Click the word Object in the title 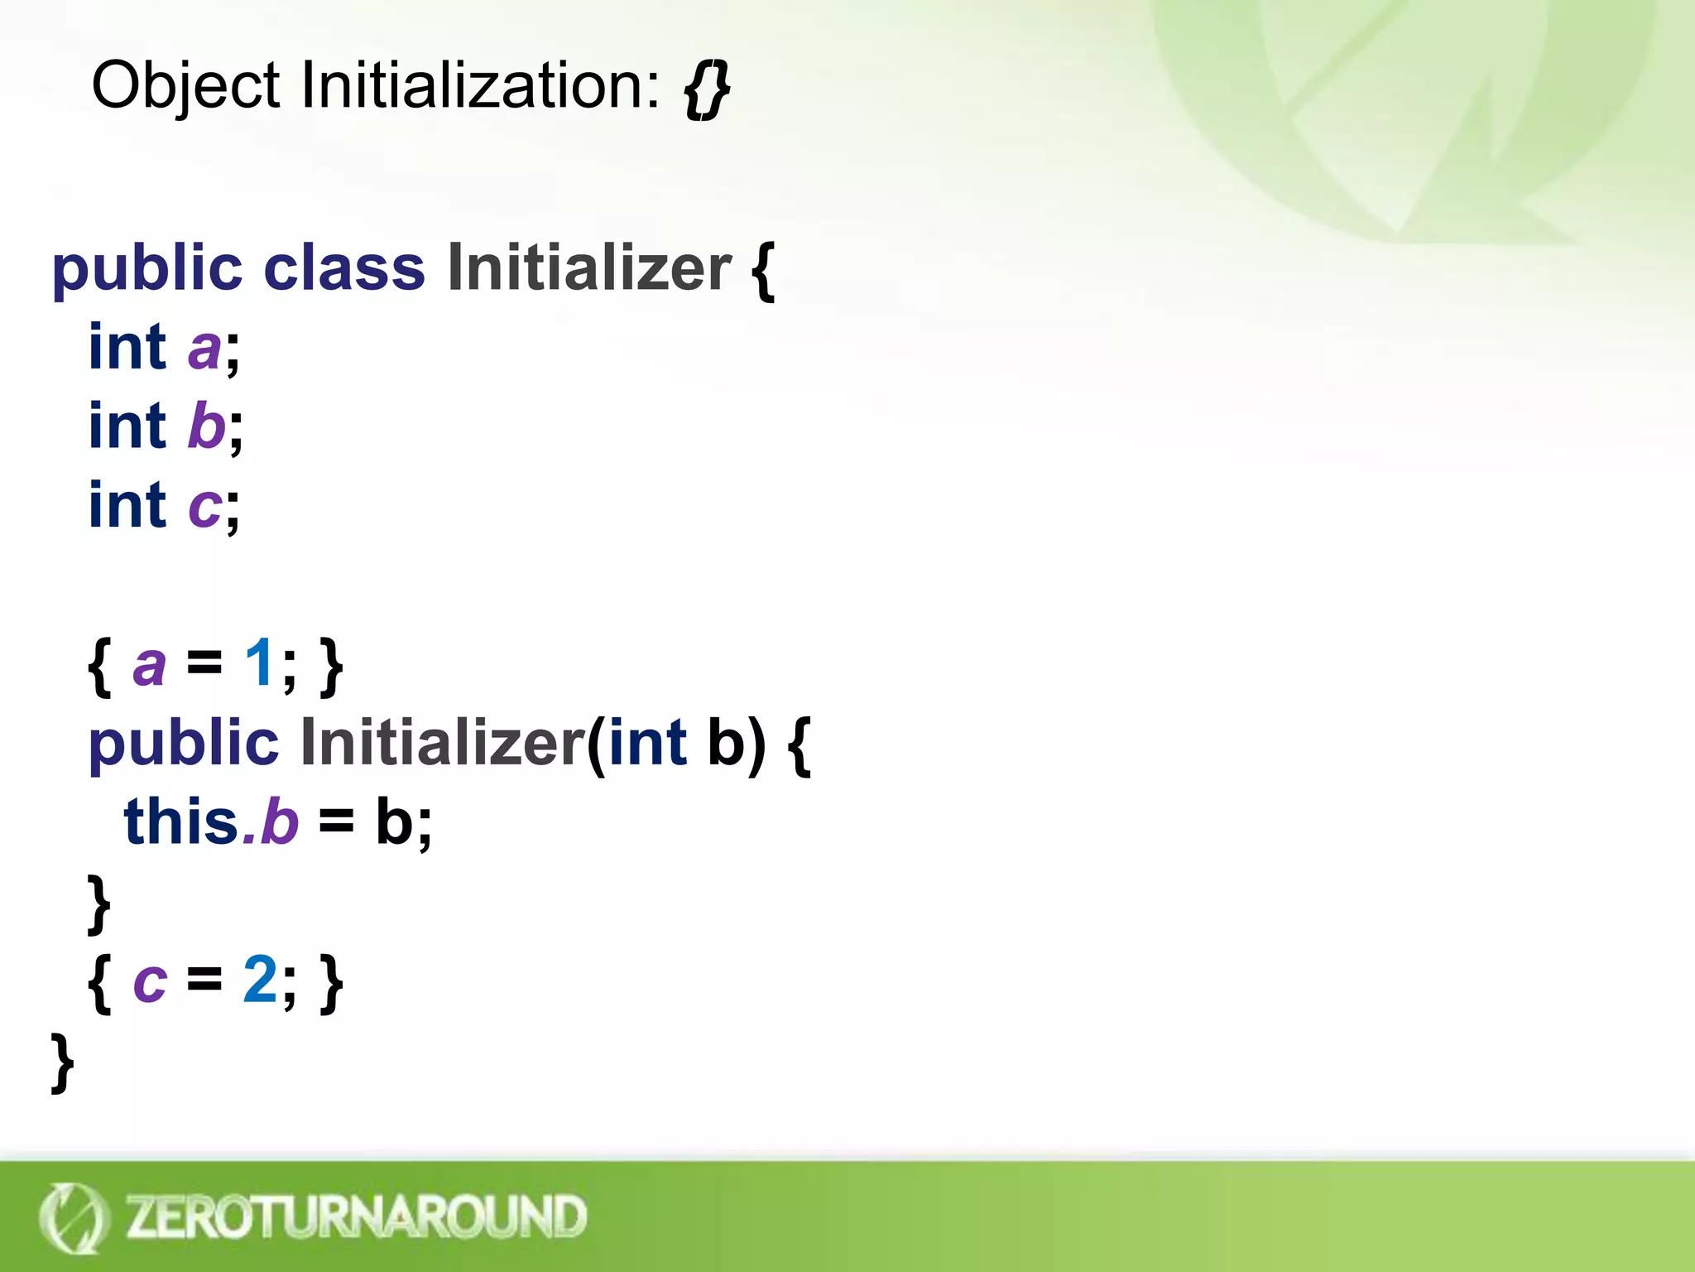click(185, 86)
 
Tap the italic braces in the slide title click(707, 89)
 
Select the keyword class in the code click(344, 269)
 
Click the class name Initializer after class click(589, 269)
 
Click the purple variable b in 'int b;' click(206, 426)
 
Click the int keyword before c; click(127, 505)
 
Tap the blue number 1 click(259, 663)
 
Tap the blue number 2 click(260, 980)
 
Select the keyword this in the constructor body click(181, 822)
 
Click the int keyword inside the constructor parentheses click(648, 743)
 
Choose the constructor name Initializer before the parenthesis click(443, 743)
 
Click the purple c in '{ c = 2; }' click(150, 982)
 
